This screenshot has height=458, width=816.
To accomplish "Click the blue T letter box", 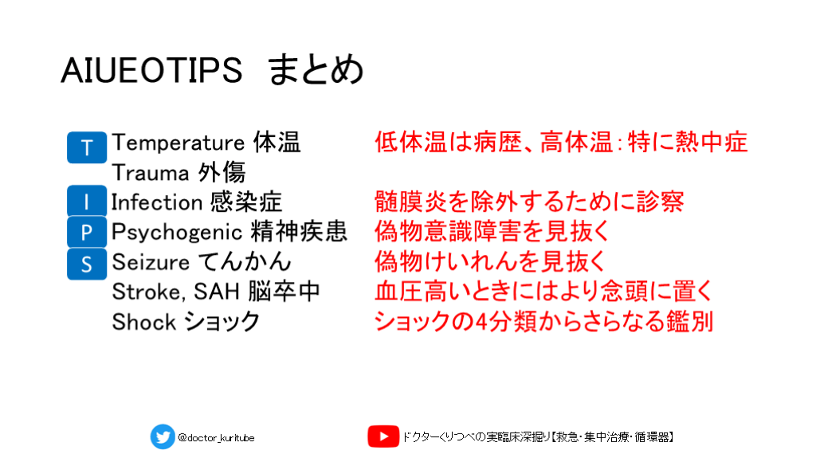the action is coord(87,147).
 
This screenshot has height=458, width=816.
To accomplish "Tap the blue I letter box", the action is coord(87,201).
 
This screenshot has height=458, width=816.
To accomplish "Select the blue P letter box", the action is coord(87,232).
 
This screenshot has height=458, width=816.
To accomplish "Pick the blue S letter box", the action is coord(87,264).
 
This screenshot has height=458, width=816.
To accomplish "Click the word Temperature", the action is coord(178,143).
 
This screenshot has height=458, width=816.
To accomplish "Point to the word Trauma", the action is coord(150,173).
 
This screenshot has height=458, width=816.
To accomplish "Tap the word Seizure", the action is coord(151,262).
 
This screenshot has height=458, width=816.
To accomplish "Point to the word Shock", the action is coord(144,322).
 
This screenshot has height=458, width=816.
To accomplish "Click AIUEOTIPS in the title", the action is coord(151,70).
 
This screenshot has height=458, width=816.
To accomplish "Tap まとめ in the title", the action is coord(316,69).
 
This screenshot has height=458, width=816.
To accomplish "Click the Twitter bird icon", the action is coord(163,436).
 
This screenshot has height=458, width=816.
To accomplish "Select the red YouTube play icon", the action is coord(383,436).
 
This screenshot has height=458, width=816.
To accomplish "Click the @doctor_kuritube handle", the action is coord(216,438).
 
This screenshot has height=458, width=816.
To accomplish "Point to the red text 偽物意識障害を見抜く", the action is coord(492,232).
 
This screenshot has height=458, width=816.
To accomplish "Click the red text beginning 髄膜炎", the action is coord(529,202).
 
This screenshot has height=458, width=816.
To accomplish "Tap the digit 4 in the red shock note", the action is coord(482,322).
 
